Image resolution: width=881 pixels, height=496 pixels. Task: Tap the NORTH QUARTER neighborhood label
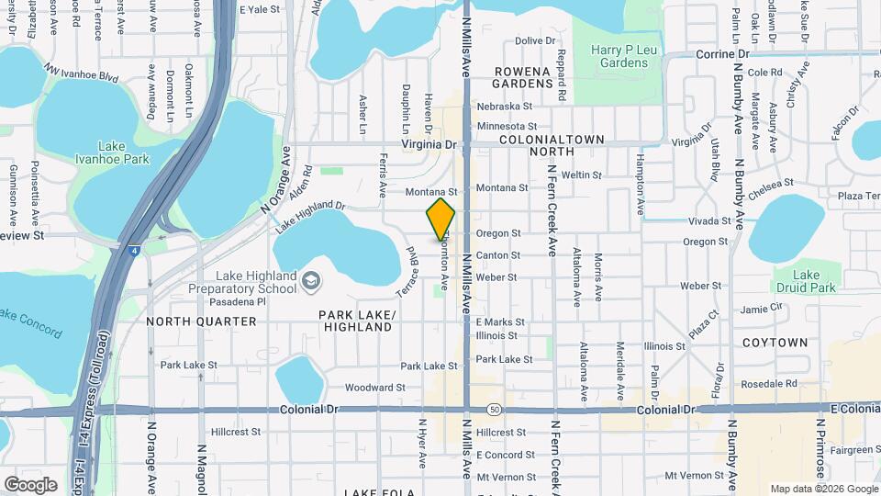(201, 321)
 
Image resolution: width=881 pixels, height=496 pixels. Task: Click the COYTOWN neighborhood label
(775, 343)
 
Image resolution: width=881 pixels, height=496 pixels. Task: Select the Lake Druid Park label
(806, 281)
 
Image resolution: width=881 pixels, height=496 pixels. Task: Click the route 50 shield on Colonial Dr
(494, 408)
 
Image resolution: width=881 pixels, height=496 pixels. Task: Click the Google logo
(31, 484)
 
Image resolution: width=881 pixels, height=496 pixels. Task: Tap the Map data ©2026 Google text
(823, 489)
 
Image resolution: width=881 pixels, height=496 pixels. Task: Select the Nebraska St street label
(504, 107)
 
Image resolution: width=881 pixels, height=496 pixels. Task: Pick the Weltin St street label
(581, 175)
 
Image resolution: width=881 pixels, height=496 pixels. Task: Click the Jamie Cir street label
(762, 309)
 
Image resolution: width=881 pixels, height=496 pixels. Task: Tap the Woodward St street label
(375, 389)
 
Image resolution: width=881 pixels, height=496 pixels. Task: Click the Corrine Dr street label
(723, 54)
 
